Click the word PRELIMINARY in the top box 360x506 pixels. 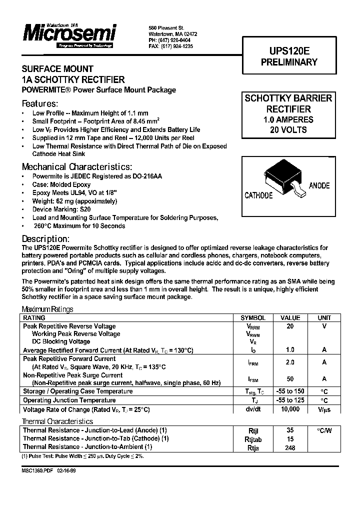coord(289,62)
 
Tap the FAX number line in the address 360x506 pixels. coord(170,46)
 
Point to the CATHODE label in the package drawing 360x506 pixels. coord(258,195)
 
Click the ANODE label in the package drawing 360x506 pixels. coord(319,185)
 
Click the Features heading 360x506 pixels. coord(40,103)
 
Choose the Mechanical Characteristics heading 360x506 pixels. coord(77,166)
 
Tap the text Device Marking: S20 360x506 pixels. coord(61,209)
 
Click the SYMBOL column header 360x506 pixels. coord(253,318)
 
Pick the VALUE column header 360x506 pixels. coord(290,318)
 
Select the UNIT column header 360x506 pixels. coord(324,318)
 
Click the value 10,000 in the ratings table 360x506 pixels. coord(290,409)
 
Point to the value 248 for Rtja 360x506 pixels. coord(290,447)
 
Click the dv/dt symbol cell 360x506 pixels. coord(253,409)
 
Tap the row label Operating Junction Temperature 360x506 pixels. coord(69,400)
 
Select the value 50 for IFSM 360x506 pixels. coord(290,379)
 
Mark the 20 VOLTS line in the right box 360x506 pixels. coord(288,130)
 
